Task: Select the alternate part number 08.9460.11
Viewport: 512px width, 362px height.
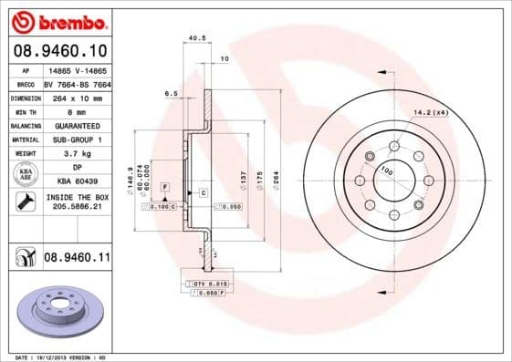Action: click(x=77, y=259)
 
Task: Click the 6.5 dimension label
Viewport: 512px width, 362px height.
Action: click(x=171, y=93)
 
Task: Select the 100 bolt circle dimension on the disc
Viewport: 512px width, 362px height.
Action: click(x=387, y=171)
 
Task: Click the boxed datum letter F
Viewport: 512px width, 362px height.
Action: click(x=165, y=186)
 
